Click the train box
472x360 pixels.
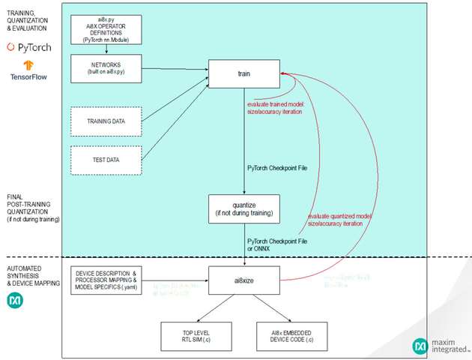click(x=244, y=73)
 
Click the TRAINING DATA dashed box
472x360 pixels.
click(x=106, y=121)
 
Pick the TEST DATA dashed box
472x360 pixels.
click(x=106, y=159)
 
